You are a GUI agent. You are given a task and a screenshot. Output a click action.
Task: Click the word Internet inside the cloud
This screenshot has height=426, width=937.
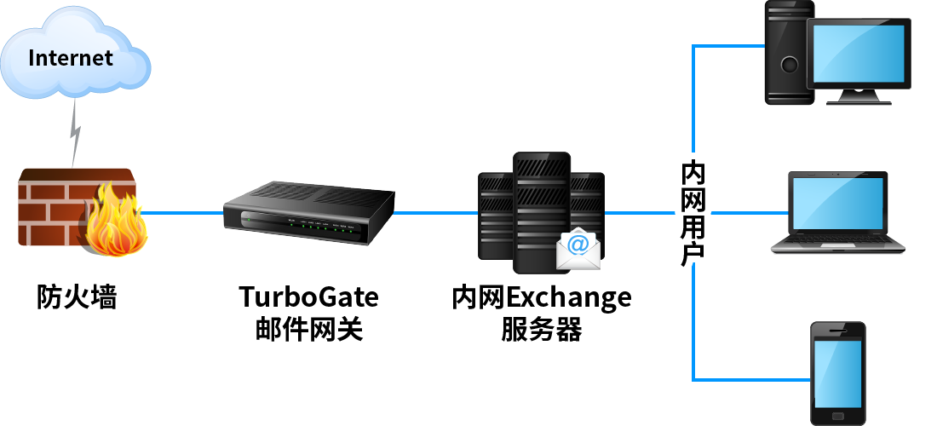click(71, 58)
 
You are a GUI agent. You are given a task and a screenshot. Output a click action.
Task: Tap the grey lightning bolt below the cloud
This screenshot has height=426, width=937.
click(75, 133)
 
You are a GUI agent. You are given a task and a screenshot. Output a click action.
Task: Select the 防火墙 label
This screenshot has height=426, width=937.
click(77, 297)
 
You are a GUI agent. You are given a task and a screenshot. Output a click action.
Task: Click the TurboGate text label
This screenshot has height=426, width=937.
click(308, 296)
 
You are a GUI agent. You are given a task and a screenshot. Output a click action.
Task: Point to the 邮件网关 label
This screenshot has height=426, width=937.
click(309, 329)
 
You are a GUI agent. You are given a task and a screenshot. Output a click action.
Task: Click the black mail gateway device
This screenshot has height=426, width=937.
click(308, 213)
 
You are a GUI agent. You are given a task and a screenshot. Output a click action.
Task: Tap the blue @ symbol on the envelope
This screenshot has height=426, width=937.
click(578, 244)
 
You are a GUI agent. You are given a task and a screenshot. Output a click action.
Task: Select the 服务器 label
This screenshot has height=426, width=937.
click(542, 329)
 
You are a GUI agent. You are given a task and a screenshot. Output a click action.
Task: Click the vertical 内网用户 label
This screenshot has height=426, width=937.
click(693, 213)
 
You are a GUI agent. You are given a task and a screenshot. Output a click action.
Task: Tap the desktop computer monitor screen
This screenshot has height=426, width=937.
click(859, 53)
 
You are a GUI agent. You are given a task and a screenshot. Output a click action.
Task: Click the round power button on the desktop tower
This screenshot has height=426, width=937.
click(790, 64)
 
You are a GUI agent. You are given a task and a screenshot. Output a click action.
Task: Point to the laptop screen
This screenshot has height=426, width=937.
click(838, 203)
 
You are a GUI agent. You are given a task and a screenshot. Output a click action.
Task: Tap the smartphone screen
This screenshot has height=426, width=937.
click(838, 373)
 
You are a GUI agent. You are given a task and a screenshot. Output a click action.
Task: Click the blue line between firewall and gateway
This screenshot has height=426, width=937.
click(181, 213)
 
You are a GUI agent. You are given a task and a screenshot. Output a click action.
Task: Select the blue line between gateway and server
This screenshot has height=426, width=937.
click(436, 213)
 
